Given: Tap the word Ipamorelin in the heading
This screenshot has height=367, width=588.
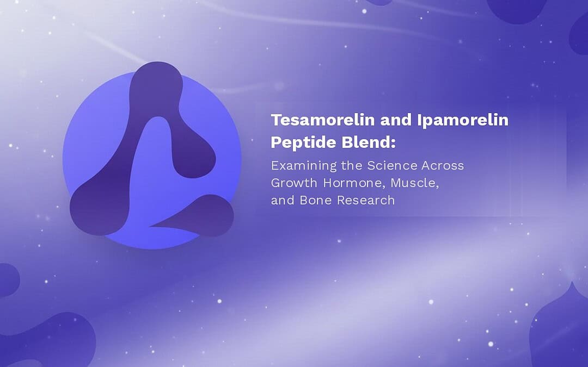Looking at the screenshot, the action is [463, 120].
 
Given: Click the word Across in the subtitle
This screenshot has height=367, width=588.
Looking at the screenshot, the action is [443, 165].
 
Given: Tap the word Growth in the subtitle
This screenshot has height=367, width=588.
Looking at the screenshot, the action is [294, 183].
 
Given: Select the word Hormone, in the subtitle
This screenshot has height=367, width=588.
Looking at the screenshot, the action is [354, 183].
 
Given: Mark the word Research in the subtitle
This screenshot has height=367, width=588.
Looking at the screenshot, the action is [366, 200].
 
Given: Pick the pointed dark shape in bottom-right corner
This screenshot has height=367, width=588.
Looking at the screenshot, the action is [561, 329].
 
